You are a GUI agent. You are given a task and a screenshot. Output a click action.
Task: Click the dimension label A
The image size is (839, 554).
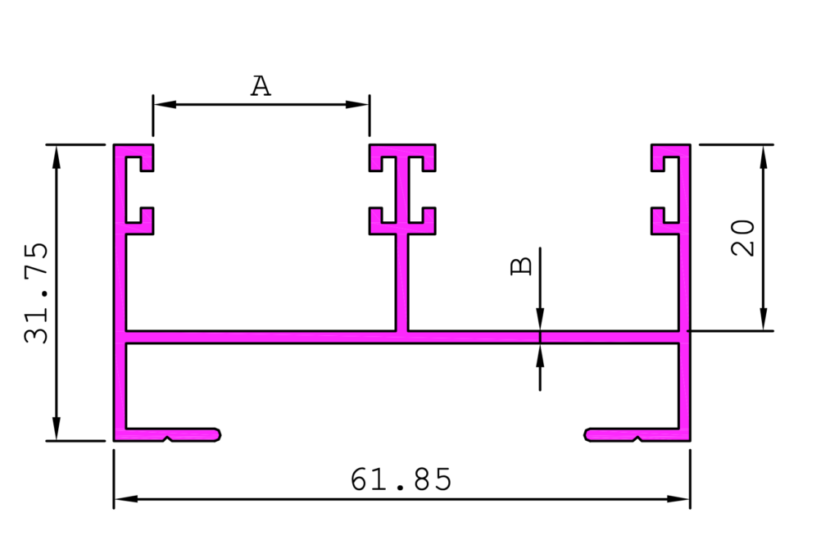click(x=261, y=86)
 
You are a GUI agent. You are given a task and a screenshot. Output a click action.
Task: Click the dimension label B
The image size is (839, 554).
click(x=522, y=266)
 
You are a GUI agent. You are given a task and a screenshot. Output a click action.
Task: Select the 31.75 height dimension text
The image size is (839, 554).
click(x=36, y=293)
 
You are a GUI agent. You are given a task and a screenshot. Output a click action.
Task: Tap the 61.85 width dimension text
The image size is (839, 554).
click(x=401, y=479)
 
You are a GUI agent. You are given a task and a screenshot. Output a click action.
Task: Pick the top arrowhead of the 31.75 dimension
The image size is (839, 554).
click(x=57, y=157)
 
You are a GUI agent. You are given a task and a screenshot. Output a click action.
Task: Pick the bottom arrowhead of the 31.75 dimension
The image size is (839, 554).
click(x=57, y=429)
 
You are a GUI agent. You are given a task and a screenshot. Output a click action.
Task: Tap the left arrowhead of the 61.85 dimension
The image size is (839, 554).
click(x=125, y=499)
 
